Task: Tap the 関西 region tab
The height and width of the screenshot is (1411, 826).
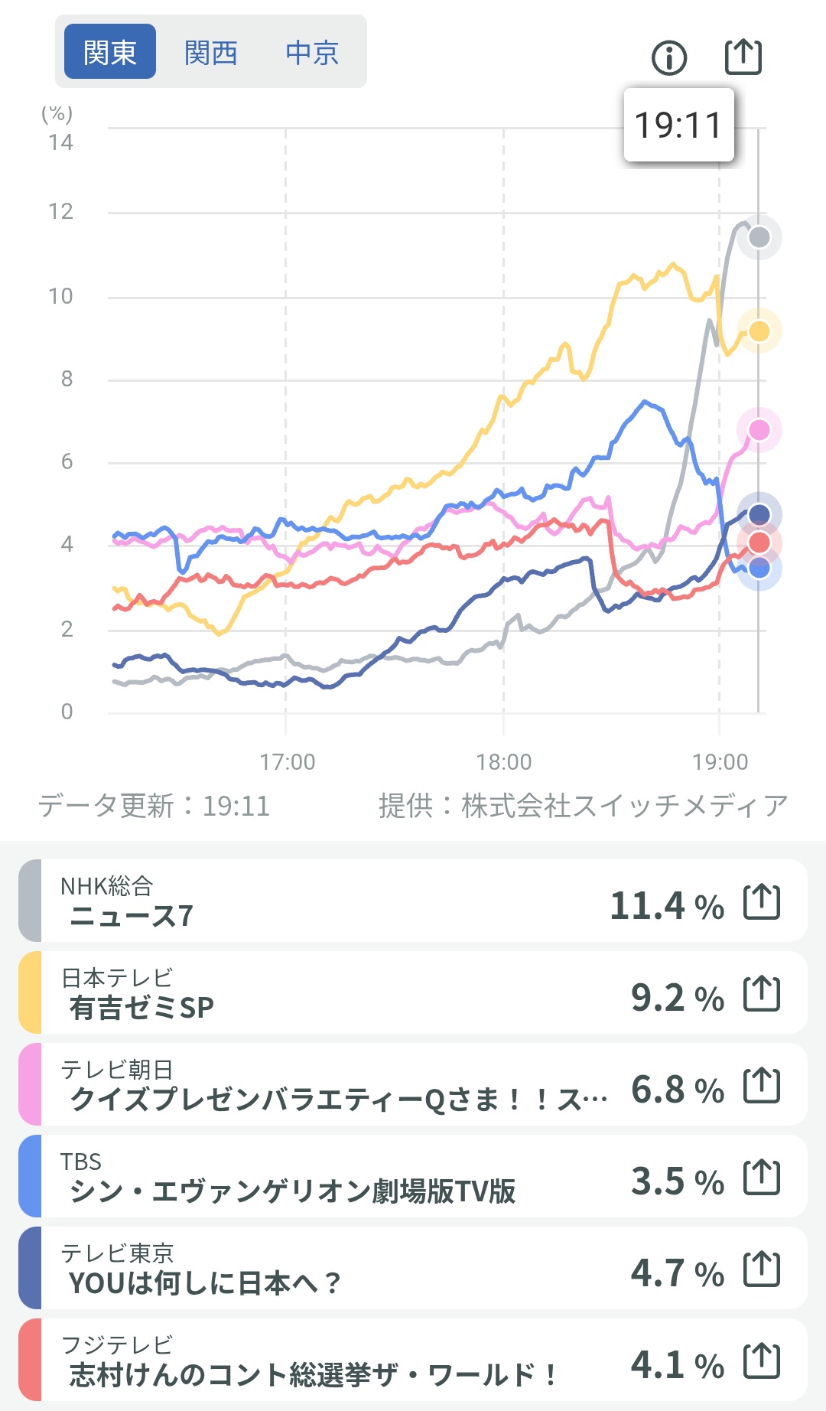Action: [x=210, y=53]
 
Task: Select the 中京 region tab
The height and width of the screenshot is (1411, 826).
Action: [x=312, y=53]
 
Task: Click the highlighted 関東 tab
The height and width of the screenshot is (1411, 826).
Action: [x=110, y=52]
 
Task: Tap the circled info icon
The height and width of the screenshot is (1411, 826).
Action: [x=669, y=57]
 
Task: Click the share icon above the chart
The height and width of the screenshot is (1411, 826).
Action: [x=743, y=56]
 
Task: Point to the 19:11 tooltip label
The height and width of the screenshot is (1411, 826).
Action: [x=678, y=125]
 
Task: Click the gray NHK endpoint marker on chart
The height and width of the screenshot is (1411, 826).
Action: [x=759, y=237]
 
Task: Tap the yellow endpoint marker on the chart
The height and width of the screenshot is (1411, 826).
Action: [x=759, y=331]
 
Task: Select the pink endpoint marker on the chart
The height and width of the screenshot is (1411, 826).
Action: [x=759, y=430]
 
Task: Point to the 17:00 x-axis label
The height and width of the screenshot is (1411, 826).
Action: [x=287, y=762]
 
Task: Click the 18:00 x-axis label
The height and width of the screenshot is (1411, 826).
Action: [x=503, y=762]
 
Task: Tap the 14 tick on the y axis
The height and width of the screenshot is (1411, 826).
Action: [x=61, y=142]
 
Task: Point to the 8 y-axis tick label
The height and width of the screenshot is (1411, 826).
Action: [x=67, y=379]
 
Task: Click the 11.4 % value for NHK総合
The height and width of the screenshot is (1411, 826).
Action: [x=666, y=906]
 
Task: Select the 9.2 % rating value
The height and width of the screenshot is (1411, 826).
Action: [x=677, y=998]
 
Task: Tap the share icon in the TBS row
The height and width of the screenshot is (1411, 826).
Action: [x=762, y=1177]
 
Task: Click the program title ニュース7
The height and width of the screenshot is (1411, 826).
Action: [x=131, y=916]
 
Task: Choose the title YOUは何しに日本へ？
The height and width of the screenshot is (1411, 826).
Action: [x=205, y=1283]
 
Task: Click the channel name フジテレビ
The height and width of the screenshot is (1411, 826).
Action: [x=117, y=1344]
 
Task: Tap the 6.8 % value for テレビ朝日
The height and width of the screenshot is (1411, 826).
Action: [x=677, y=1090]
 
